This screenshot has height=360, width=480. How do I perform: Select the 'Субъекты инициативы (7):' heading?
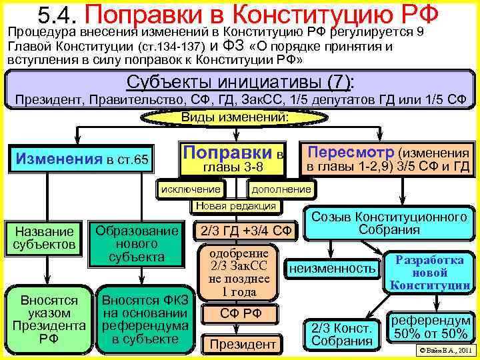point(240,83)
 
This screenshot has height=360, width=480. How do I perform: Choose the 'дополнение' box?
point(280,189)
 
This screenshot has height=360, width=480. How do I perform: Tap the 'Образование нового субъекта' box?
point(137,243)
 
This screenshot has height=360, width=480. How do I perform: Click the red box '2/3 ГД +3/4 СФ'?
point(243,231)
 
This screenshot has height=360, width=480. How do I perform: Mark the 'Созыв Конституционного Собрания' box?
point(389,224)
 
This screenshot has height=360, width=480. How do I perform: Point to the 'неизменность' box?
point(332,269)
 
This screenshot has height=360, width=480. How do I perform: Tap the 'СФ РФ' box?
point(241,313)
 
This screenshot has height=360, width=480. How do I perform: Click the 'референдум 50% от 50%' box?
point(430,327)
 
